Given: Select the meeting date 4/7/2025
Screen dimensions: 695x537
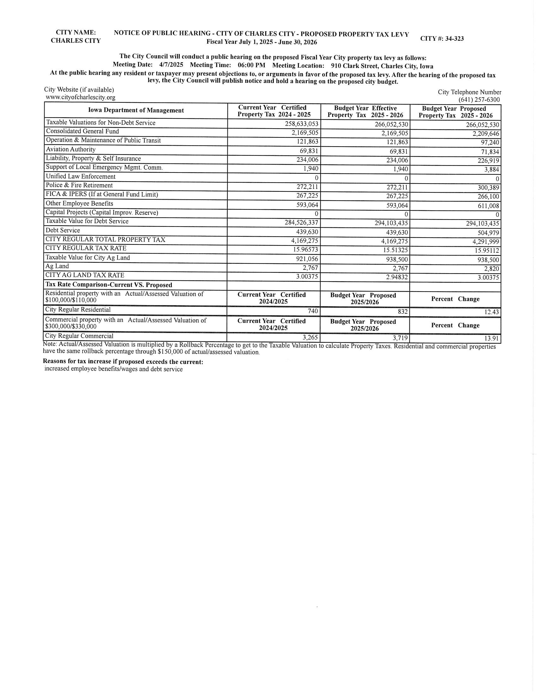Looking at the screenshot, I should click(x=171, y=65).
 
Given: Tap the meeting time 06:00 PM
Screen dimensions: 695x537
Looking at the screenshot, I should click(x=251, y=65).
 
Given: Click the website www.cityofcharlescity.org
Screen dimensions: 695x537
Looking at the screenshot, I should click(x=81, y=97).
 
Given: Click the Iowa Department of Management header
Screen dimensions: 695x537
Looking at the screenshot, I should click(x=136, y=111).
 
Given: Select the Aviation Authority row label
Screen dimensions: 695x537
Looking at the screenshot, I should click(x=71, y=149).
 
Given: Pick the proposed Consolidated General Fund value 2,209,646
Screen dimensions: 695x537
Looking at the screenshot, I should click(x=486, y=134).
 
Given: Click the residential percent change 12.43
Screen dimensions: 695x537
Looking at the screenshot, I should click(x=492, y=312).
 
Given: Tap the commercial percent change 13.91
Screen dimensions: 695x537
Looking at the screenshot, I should click(x=492, y=339).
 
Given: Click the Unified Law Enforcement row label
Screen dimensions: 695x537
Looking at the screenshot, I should click(x=81, y=176).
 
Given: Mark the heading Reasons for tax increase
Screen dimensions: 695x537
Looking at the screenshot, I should click(x=123, y=362).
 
